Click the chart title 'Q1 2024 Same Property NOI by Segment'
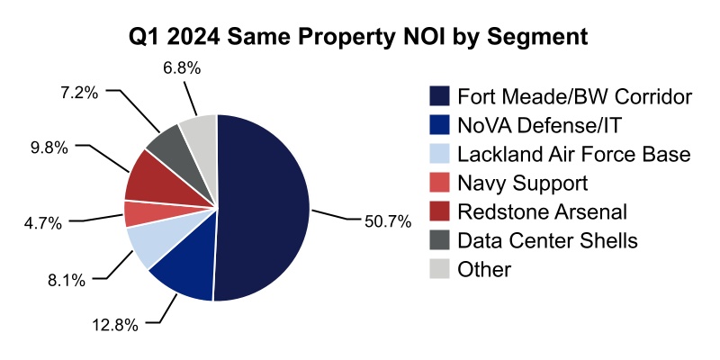point(360,37)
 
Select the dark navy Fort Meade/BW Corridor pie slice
point(265,207)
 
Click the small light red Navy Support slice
point(137,213)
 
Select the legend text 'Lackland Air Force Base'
point(573,154)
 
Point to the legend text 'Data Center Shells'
point(547,240)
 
